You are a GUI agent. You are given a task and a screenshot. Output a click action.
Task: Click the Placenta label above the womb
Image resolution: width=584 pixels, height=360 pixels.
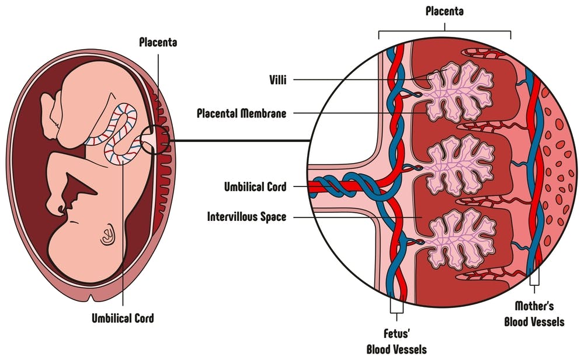point(158,42)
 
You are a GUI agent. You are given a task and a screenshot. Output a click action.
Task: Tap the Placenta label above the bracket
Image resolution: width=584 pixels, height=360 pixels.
point(445,11)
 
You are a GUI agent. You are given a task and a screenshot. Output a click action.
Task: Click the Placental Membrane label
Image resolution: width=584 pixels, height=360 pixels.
point(241,113)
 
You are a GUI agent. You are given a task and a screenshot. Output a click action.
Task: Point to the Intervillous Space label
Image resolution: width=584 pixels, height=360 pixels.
point(246,217)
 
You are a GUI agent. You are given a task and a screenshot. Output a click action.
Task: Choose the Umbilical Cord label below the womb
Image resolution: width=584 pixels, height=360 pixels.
point(123,319)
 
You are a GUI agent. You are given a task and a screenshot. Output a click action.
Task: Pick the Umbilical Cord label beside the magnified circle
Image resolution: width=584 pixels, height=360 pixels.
point(255,187)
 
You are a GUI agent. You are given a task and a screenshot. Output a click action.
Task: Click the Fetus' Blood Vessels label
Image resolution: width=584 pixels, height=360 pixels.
point(396,341)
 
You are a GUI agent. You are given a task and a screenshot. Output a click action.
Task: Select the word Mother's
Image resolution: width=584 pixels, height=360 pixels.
point(534,306)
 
